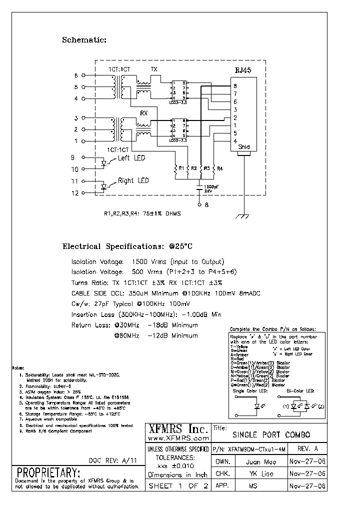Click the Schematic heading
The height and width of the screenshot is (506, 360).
pyautogui.click(x=84, y=40)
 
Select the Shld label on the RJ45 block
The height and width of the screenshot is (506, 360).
pyautogui.click(x=243, y=147)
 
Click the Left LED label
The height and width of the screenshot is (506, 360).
pyautogui.click(x=131, y=158)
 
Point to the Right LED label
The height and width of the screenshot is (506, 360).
pyautogui.click(x=133, y=180)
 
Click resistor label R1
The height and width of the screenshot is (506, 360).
pyautogui.click(x=181, y=169)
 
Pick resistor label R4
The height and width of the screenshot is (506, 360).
pyautogui.click(x=219, y=169)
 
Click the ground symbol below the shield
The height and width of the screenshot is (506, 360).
pyautogui.click(x=243, y=216)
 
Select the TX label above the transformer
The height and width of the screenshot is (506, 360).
pyautogui.click(x=154, y=69)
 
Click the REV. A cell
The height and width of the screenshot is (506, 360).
pyautogui.click(x=307, y=449)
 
